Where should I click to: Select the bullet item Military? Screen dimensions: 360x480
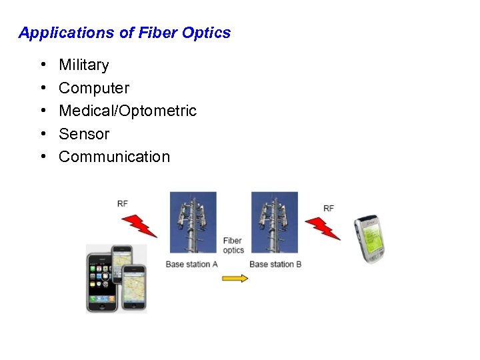(x=83, y=65)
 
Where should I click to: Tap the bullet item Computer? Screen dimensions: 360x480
(x=94, y=88)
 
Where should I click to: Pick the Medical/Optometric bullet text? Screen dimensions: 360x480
(x=127, y=111)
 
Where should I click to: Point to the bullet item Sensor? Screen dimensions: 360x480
(x=84, y=134)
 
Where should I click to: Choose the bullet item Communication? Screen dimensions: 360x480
(x=114, y=157)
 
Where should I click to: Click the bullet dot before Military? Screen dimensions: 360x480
(x=42, y=65)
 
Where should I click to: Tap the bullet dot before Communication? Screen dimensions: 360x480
(x=42, y=157)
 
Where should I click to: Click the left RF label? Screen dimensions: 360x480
(x=123, y=203)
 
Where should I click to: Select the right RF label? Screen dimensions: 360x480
(x=329, y=209)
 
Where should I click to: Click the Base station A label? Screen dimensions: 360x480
(x=192, y=265)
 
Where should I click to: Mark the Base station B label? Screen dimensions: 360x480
(x=275, y=265)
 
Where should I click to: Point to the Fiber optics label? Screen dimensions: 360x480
(x=233, y=245)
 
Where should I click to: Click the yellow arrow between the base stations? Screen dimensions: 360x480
(x=234, y=278)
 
